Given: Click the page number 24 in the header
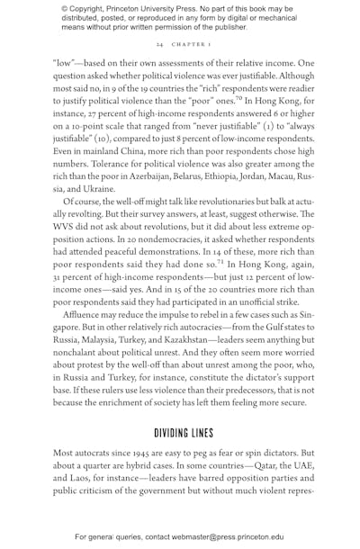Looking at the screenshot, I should (x=158, y=43).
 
